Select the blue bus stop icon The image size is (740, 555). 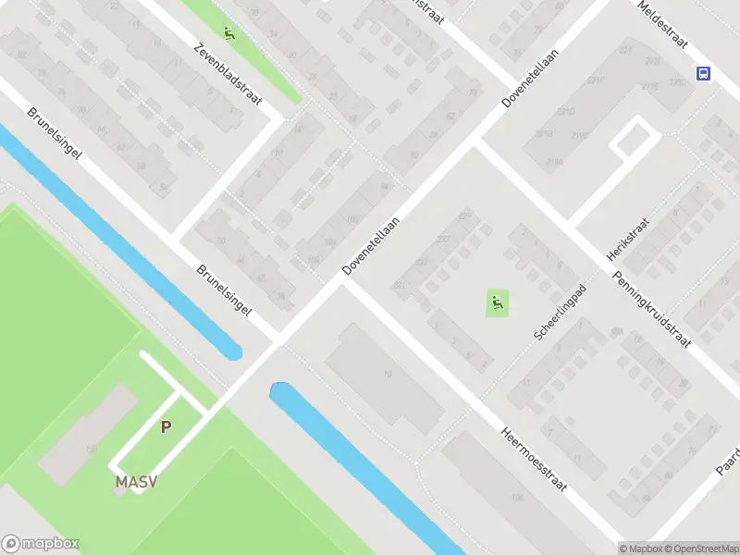pos(704,74)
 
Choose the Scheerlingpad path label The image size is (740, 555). pos(561,311)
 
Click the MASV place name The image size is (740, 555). pos(135,482)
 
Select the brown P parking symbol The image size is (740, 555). pos(166,427)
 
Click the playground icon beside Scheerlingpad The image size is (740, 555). pos(498,302)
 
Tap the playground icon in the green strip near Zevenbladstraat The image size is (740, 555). pos(228,35)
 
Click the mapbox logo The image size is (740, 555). pos(41,544)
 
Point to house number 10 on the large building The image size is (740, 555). pos(388,375)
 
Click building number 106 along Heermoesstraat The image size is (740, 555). pos(517,499)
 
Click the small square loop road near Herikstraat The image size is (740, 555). pos(633,138)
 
